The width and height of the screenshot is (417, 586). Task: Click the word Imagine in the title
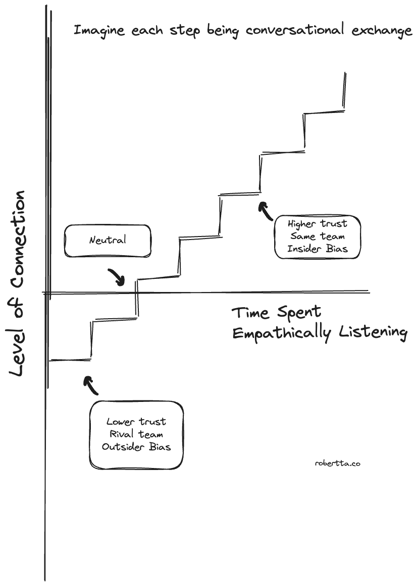pos(98,31)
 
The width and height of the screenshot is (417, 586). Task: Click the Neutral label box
pos(108,240)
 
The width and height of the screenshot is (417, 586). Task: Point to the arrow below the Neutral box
pos(117,276)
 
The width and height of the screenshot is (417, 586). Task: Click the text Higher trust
pos(318,223)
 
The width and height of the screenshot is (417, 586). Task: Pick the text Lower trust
pos(136,422)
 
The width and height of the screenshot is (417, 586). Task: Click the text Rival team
pos(136,434)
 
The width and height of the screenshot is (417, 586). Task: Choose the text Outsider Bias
pos(136,447)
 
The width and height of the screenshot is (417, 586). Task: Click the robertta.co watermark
pos(337,463)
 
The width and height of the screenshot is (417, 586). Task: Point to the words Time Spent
pos(276,313)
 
